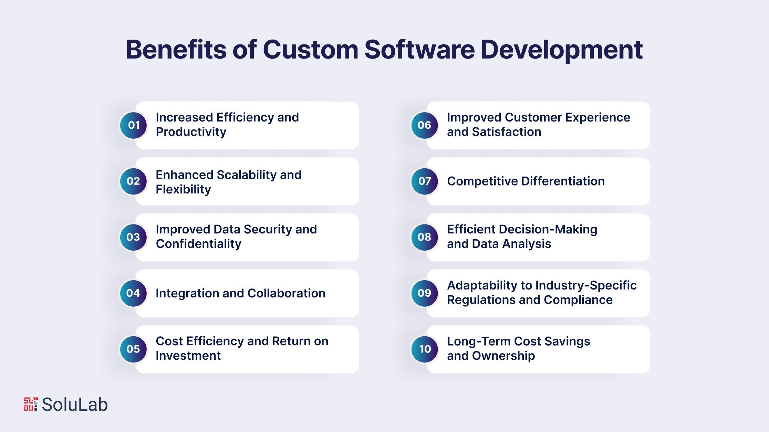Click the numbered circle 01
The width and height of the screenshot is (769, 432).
[x=134, y=125]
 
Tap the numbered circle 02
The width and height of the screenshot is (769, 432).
[x=134, y=181]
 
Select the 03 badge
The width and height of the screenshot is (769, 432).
[x=134, y=237]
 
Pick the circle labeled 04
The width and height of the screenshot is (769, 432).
[x=134, y=293]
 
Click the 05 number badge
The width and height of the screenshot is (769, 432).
[x=134, y=349]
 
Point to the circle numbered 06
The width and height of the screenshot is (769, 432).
[x=425, y=125]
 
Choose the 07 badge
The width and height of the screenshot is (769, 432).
[x=425, y=181]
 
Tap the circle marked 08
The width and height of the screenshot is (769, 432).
[x=425, y=237]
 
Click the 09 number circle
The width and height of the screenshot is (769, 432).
[x=425, y=293]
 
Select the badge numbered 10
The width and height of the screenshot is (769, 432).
[x=425, y=349]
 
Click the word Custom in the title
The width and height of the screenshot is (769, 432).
[x=311, y=50]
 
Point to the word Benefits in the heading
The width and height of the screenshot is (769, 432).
[x=176, y=50]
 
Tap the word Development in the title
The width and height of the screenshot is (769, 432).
[x=562, y=50]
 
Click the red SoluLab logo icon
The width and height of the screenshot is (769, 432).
[x=31, y=404]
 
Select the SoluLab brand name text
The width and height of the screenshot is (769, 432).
[x=75, y=404]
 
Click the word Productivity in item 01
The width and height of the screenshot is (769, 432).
[x=191, y=132]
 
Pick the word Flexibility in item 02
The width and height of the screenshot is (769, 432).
[x=183, y=190]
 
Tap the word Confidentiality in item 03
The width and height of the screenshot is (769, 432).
[x=199, y=244]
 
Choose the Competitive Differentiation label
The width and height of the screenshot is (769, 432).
[x=526, y=181]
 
